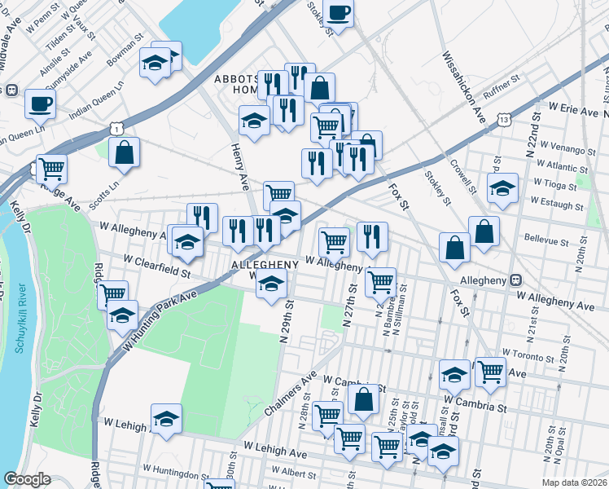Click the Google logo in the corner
(x=27, y=479)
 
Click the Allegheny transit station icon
(x=515, y=280)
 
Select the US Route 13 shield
(x=506, y=120)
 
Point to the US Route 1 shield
(x=119, y=128)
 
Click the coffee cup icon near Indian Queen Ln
(x=39, y=104)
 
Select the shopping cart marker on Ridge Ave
(x=51, y=170)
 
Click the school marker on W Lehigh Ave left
(x=167, y=418)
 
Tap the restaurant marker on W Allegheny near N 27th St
(x=372, y=237)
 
